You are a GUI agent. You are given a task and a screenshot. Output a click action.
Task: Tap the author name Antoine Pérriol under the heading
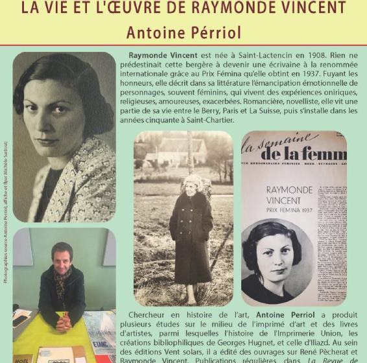tap(184, 32)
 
